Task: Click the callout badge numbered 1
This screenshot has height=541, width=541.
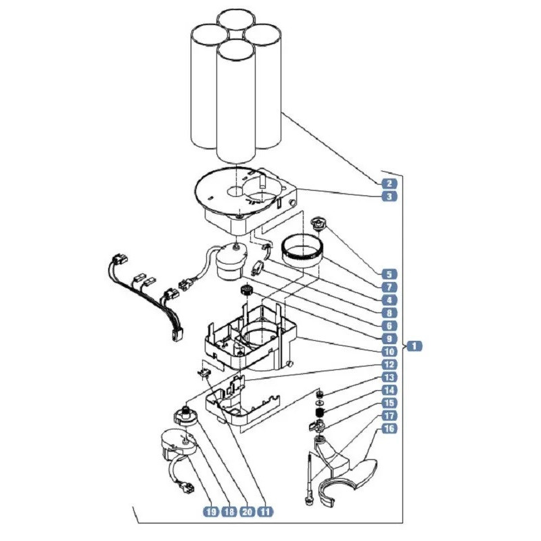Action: click(415, 346)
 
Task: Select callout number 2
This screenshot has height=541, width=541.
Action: click(390, 183)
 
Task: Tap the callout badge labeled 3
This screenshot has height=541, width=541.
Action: click(390, 197)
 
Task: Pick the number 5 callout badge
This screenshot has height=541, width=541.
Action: click(390, 275)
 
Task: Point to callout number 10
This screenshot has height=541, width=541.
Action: click(390, 352)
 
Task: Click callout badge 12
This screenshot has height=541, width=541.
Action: click(390, 364)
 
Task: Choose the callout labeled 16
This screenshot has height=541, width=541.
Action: click(390, 429)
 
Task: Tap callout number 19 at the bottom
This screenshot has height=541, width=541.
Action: click(211, 511)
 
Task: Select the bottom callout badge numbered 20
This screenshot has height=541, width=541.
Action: click(247, 511)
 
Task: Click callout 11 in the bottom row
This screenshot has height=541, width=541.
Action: click(265, 511)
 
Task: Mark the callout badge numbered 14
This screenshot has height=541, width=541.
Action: click(390, 390)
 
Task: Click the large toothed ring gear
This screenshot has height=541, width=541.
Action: click(303, 251)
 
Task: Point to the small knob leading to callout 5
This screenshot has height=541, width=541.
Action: click(317, 223)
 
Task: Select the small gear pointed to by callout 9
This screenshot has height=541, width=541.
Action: click(246, 289)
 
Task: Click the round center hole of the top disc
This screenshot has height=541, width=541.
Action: click(236, 190)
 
